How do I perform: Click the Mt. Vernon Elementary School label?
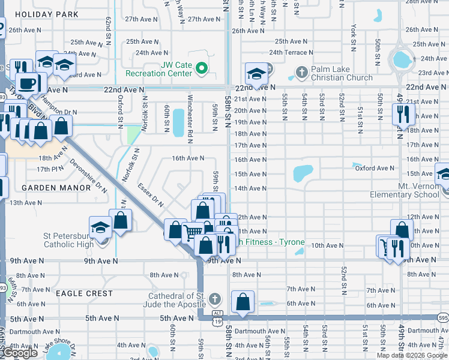pos(405,190)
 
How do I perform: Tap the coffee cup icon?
pos(27,83)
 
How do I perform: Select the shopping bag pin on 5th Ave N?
pos(243,302)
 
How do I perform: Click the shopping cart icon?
pos(192,232)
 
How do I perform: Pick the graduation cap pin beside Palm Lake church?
pos(256,74)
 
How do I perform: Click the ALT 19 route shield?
pos(217,314)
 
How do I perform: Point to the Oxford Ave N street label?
pos(373,169)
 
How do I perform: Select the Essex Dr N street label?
pos(151,195)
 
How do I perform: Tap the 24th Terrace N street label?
pos(292,52)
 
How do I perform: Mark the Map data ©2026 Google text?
pos(412,355)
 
